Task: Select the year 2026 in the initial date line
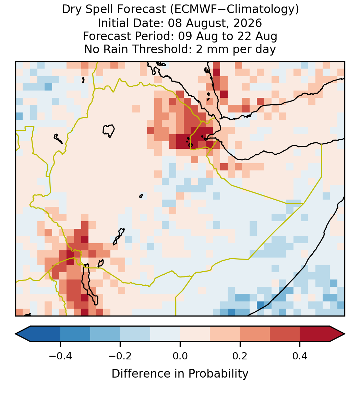pyautogui.click(x=248, y=23)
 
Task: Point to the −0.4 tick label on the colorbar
pyautogui.click(x=60, y=356)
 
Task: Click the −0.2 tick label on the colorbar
pyautogui.click(x=120, y=356)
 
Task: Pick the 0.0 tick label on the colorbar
pyautogui.click(x=180, y=356)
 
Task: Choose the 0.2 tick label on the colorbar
pyautogui.click(x=240, y=356)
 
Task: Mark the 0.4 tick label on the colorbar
pyautogui.click(x=300, y=356)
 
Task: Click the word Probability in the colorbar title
pyautogui.click(x=218, y=374)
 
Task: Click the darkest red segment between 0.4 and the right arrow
pyautogui.click(x=315, y=334)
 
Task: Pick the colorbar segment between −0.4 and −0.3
pyautogui.click(x=75, y=334)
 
